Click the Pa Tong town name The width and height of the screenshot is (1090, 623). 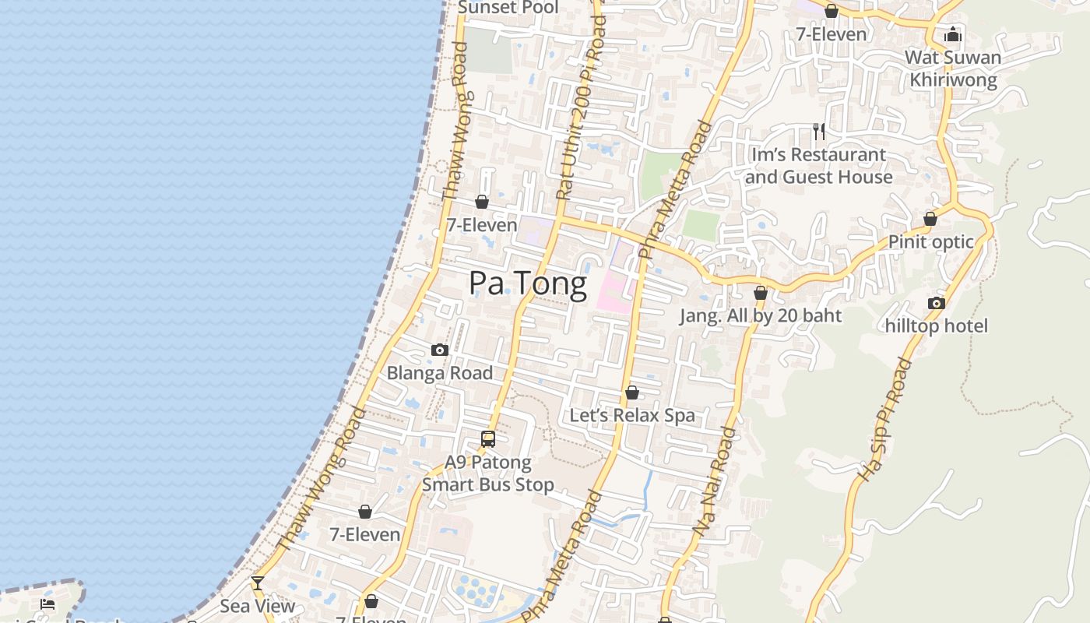click(x=527, y=284)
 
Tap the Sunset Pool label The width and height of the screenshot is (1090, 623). click(x=508, y=8)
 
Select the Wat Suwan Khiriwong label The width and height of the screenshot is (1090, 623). click(x=953, y=69)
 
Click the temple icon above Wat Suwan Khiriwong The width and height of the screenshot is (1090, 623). click(x=952, y=34)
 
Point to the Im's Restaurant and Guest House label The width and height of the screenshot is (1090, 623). click(x=818, y=166)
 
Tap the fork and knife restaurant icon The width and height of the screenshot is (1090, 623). click(x=818, y=131)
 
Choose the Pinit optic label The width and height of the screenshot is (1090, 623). click(x=930, y=241)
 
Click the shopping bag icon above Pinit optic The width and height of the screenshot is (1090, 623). click(x=930, y=219)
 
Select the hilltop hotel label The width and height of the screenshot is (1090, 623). click(x=936, y=326)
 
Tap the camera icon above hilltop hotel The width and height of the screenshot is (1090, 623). click(x=936, y=303)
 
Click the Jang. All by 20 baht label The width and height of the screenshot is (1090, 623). click(x=760, y=315)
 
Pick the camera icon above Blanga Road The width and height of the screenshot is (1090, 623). click(x=440, y=350)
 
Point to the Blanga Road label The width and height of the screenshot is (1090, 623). click(x=440, y=373)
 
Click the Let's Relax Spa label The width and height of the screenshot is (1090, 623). click(x=631, y=415)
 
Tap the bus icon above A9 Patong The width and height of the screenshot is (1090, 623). click(x=488, y=439)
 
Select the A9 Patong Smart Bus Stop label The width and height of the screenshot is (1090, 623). click(x=488, y=473)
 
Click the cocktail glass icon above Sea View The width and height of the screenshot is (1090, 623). click(x=258, y=583)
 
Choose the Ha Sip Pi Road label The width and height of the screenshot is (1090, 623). click(x=883, y=421)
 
